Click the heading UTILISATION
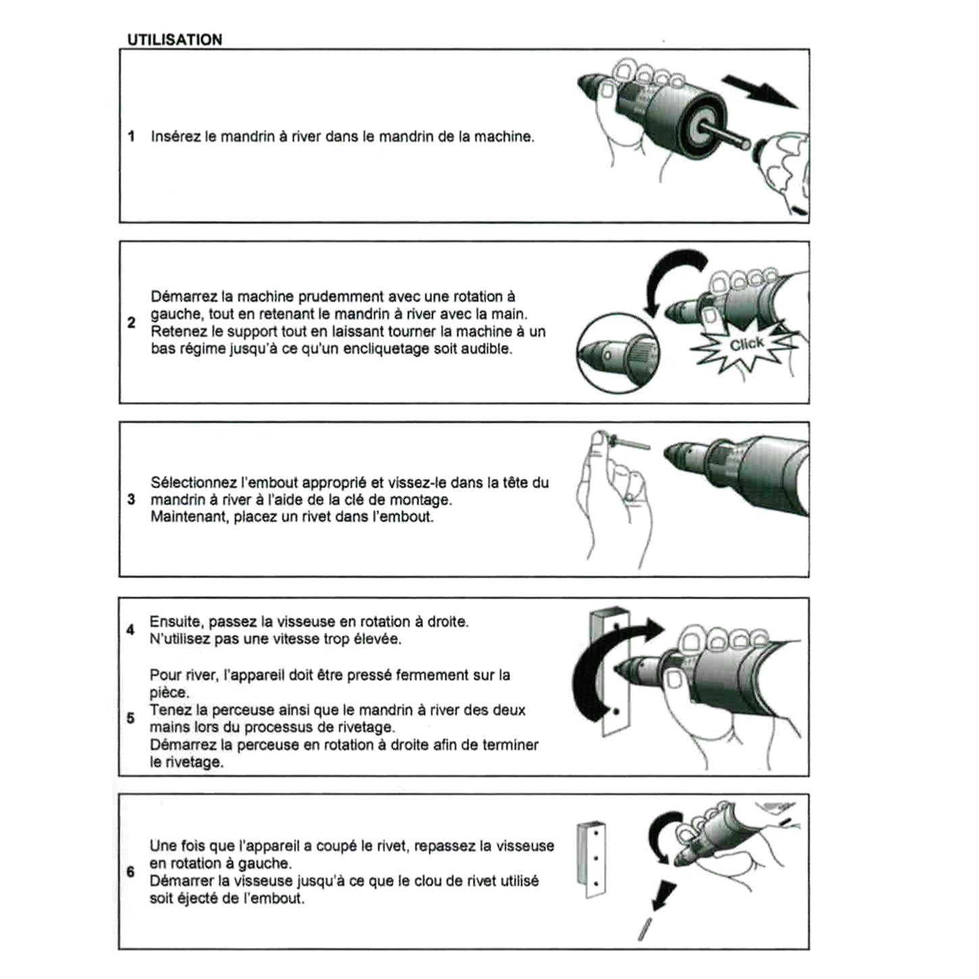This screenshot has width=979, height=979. pyautogui.click(x=174, y=40)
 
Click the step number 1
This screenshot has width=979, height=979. pyautogui.click(x=132, y=136)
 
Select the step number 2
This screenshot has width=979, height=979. pyautogui.click(x=132, y=322)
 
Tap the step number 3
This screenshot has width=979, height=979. pyautogui.click(x=132, y=499)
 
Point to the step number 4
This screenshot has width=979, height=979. pyautogui.click(x=130, y=630)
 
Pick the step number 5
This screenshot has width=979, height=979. pyautogui.click(x=130, y=718)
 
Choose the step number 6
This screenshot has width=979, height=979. pyautogui.click(x=130, y=872)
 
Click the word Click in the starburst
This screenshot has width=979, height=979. pyautogui.click(x=747, y=345)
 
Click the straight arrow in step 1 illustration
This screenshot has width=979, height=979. pyautogui.click(x=759, y=91)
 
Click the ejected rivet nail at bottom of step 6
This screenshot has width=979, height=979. pyautogui.click(x=644, y=930)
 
